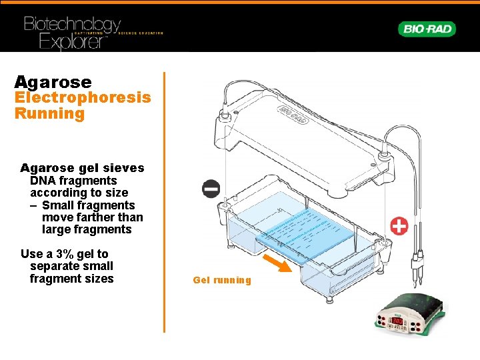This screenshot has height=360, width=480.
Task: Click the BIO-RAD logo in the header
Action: click(x=427, y=29)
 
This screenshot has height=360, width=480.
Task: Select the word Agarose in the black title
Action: click(x=53, y=82)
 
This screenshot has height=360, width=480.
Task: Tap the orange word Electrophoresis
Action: click(x=83, y=98)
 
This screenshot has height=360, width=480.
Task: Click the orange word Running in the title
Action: click(x=50, y=113)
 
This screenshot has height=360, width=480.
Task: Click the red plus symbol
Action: click(x=399, y=226)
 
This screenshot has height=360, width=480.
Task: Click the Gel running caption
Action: click(x=222, y=280)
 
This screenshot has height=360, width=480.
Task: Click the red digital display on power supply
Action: click(x=397, y=321)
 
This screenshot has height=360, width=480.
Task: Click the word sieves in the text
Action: click(x=125, y=168)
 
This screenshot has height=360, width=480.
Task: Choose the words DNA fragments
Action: click(x=73, y=181)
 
